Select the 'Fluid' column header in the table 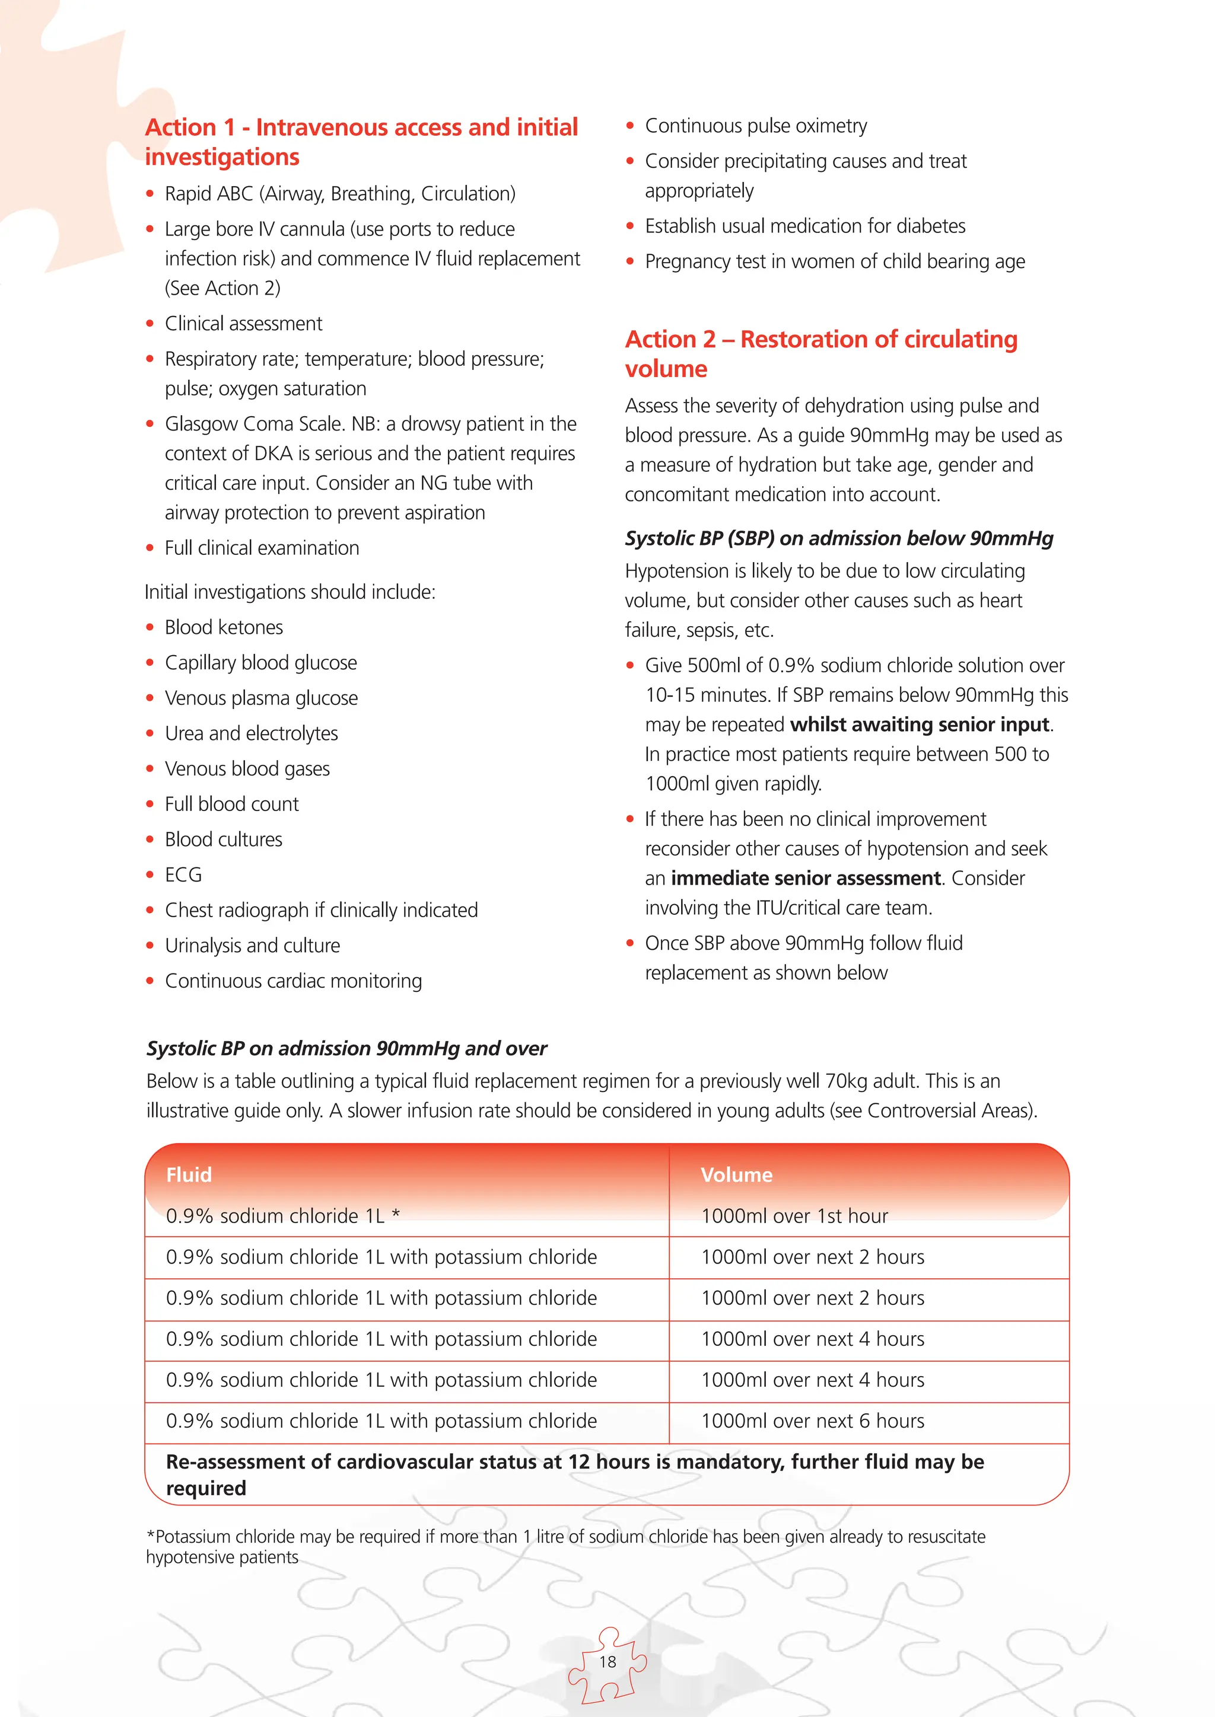click(x=189, y=1175)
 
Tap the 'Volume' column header click(x=736, y=1175)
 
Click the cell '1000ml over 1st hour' click(x=794, y=1216)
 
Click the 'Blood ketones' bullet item click(x=224, y=627)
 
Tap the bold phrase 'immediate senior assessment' click(x=805, y=878)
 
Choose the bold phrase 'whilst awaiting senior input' click(x=920, y=725)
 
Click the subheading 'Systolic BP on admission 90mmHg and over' click(x=346, y=1048)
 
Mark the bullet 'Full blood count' click(x=231, y=804)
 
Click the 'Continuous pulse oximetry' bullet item click(x=756, y=126)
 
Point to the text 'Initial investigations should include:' click(x=290, y=592)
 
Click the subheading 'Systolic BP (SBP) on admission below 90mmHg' click(x=839, y=538)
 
